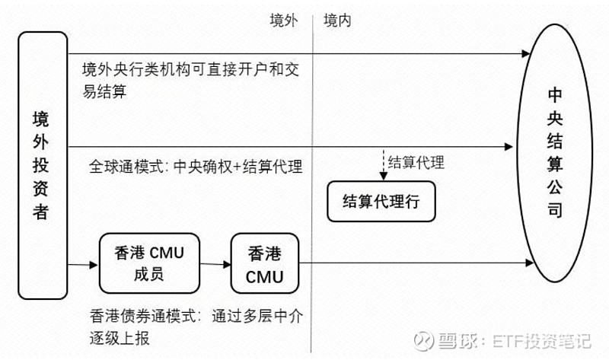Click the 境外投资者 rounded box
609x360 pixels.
(x=41, y=165)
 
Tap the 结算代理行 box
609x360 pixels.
(x=381, y=201)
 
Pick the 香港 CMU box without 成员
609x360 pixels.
(x=265, y=263)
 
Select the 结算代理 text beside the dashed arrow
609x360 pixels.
(x=416, y=161)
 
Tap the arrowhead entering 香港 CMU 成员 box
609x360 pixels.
(x=94, y=264)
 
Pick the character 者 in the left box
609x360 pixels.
(x=41, y=211)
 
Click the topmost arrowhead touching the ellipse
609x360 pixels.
(x=525, y=54)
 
